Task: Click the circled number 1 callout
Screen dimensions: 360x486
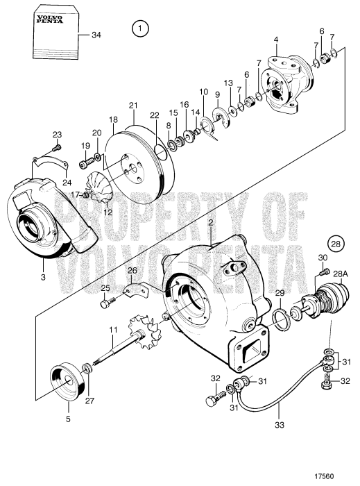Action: point(140,29)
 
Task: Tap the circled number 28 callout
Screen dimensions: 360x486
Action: point(336,244)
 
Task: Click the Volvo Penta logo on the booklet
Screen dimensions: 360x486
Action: point(49,19)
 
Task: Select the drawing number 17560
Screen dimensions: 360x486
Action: point(324,476)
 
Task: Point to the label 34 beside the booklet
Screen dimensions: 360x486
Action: point(96,35)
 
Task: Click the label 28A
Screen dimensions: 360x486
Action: point(341,274)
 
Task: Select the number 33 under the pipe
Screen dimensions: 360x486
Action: point(280,425)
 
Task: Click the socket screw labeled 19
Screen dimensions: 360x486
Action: point(87,162)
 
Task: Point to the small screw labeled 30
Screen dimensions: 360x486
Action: point(323,272)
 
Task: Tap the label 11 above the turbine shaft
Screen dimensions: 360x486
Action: point(113,330)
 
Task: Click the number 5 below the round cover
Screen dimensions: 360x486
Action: point(68,419)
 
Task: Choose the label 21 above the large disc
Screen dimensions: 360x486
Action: point(133,106)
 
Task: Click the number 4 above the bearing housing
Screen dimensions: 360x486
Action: point(276,40)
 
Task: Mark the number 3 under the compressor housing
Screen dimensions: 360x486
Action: point(43,276)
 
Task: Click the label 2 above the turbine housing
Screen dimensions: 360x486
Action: point(211,223)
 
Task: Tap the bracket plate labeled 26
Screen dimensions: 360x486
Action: point(135,290)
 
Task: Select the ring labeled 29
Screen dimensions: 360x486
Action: point(280,319)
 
